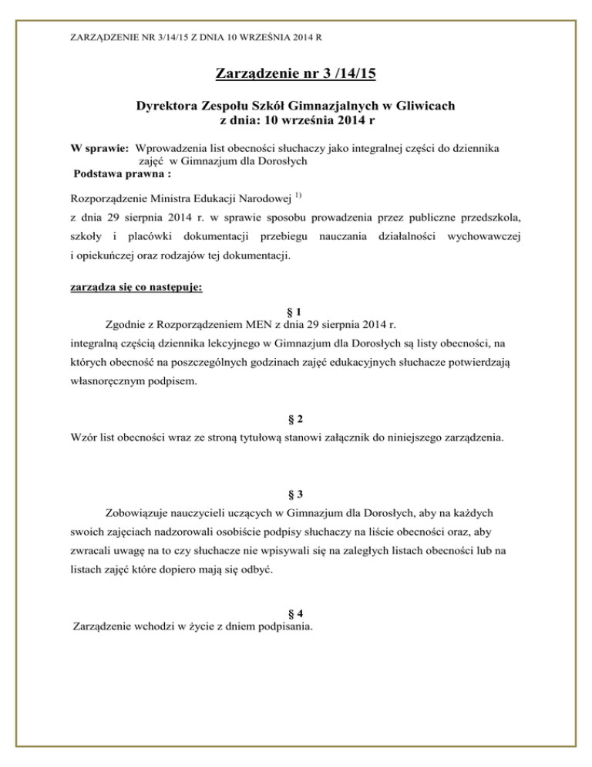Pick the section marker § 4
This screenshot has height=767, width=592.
(296, 613)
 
